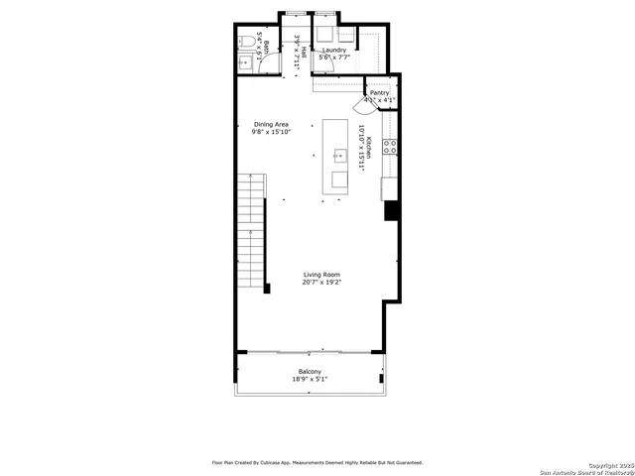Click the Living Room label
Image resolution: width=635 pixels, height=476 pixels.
(x=321, y=275)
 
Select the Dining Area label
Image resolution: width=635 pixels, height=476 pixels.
(x=271, y=124)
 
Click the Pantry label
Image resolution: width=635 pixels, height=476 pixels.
(x=380, y=93)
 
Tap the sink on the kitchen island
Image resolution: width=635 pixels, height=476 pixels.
(x=339, y=155)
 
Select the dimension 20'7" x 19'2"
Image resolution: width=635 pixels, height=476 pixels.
(x=321, y=283)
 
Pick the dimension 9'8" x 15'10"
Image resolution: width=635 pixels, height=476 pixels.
(x=271, y=132)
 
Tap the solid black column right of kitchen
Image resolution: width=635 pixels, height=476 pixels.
(x=391, y=210)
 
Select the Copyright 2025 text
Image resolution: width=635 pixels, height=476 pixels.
(x=608, y=464)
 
